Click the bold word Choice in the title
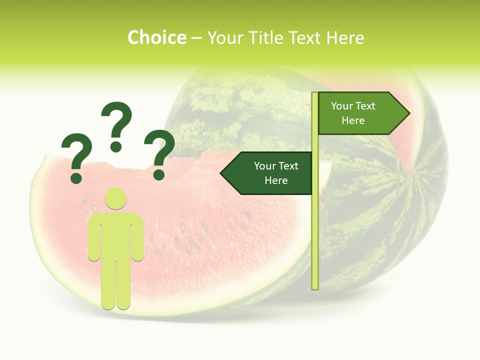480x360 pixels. (x=156, y=37)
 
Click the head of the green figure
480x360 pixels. (x=115, y=198)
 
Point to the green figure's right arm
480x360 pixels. (x=137, y=237)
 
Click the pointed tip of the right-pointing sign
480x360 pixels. (x=408, y=113)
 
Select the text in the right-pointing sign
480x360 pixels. (x=353, y=113)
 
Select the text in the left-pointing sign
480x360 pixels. (x=275, y=173)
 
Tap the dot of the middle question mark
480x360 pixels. (x=116, y=146)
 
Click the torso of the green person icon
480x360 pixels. (x=115, y=235)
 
